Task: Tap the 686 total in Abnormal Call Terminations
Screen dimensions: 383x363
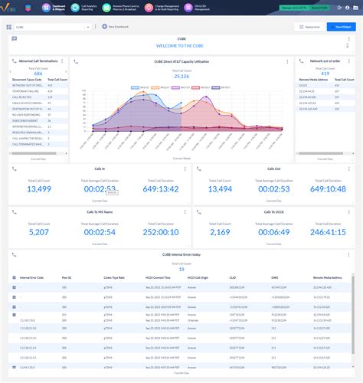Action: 38,74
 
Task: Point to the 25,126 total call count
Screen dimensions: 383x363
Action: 181,76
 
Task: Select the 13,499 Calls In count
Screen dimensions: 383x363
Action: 38,188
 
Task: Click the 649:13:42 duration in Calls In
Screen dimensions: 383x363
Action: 158,188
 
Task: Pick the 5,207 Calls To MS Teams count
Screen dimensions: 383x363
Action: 38,231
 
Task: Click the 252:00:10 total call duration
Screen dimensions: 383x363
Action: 158,231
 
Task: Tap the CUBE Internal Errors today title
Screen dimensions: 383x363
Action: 181,254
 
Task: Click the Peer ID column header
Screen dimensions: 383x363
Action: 67,278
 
